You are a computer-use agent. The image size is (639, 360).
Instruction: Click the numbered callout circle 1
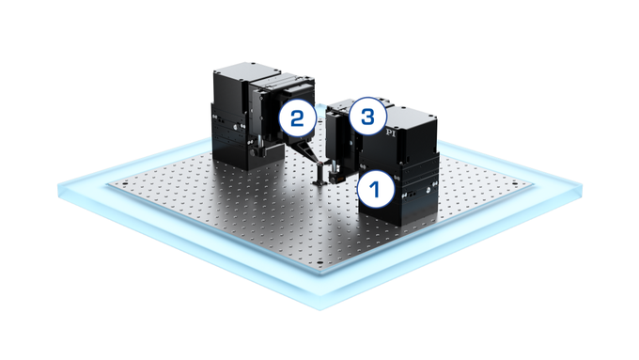373,189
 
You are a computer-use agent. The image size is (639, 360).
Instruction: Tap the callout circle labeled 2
297,118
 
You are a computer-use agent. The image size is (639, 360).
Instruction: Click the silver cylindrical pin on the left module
255,146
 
